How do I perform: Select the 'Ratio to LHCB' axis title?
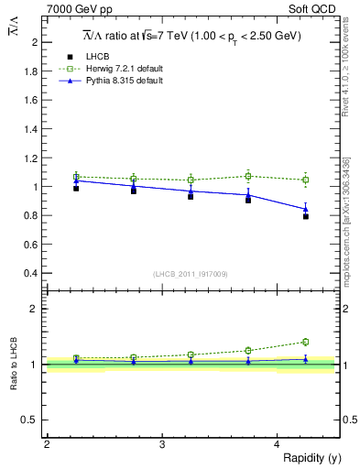click(14, 364)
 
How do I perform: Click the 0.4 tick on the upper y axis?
click(31, 273)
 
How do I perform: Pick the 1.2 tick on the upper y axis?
click(31, 158)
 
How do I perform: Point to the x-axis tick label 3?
click(161, 443)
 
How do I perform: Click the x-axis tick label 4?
click(277, 443)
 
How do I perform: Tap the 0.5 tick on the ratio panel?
click(31, 420)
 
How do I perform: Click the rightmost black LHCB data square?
click(306, 216)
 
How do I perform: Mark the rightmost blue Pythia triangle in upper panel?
click(306, 209)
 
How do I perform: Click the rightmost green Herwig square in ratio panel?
click(306, 342)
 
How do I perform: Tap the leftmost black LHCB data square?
click(76, 188)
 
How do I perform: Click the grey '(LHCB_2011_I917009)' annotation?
click(190, 274)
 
